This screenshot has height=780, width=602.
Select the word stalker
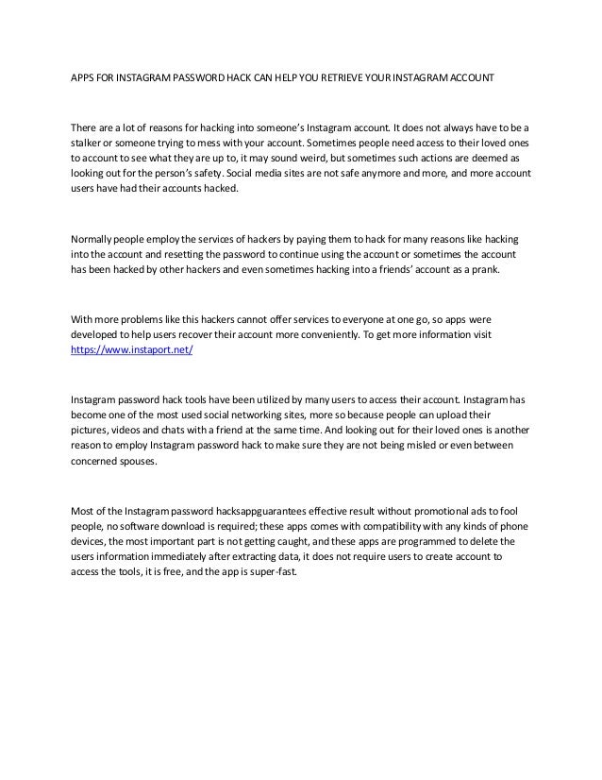(x=88, y=143)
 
